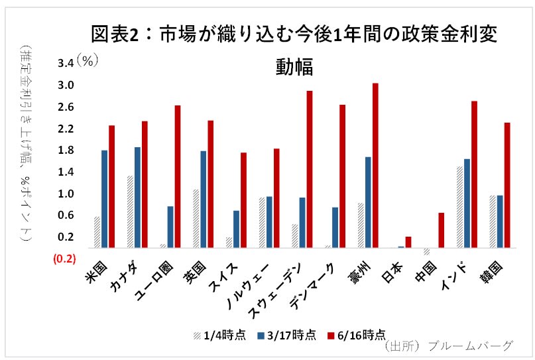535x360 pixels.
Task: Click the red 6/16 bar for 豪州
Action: [x=375, y=165]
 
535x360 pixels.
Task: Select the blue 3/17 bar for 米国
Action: [x=105, y=199]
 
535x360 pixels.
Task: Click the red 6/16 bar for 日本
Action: [x=408, y=242]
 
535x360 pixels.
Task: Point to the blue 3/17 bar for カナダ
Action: [x=137, y=198]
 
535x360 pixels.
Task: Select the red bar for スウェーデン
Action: [x=310, y=169]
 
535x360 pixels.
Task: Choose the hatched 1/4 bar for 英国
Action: [x=196, y=218]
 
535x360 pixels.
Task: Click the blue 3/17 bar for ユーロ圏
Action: [x=170, y=227]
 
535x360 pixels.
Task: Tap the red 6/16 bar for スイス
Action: [x=243, y=200]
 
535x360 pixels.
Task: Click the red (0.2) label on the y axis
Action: [x=65, y=259]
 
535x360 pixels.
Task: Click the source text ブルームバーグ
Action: [x=471, y=346]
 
